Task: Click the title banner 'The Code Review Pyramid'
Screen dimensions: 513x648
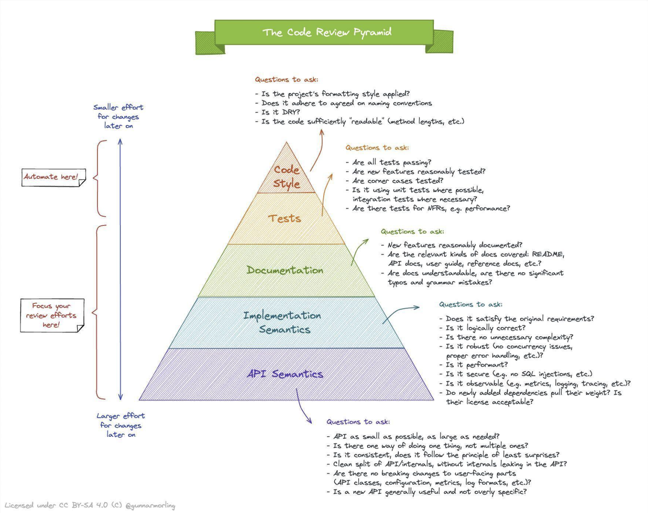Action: tap(326, 32)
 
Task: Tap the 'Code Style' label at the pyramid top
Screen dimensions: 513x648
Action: tap(287, 177)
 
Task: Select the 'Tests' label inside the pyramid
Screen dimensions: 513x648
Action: tap(284, 218)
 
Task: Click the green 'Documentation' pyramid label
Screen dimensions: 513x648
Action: tap(285, 270)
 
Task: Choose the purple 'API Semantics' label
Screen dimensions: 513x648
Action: tap(285, 374)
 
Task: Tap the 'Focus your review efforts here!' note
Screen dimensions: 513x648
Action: tap(51, 315)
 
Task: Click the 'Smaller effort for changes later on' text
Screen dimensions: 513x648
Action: tap(118, 116)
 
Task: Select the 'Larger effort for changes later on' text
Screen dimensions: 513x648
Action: tap(120, 425)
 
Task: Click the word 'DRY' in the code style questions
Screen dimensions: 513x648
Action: tap(290, 112)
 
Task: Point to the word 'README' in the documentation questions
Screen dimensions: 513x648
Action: tap(548, 254)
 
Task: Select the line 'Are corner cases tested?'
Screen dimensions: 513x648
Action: tap(397, 181)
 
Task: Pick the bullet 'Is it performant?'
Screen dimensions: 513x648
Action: tap(477, 365)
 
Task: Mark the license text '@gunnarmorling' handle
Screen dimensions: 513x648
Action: tap(150, 506)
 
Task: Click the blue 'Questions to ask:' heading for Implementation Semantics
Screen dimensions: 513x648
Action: tap(470, 305)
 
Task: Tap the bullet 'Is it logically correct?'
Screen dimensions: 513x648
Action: tap(485, 328)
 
